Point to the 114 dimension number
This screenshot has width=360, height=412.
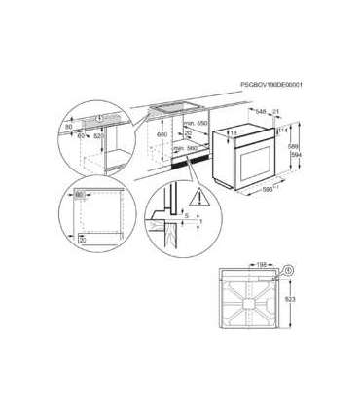(284, 128)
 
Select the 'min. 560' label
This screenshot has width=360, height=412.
(197, 147)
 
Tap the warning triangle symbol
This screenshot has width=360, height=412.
(199, 198)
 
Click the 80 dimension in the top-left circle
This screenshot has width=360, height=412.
(69, 127)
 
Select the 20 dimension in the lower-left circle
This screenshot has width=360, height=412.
(82, 237)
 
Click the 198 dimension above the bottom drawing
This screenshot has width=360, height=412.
(260, 264)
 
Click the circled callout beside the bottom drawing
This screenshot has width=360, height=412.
(288, 269)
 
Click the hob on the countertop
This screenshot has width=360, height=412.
(180, 104)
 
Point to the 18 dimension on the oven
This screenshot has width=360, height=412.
(234, 132)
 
